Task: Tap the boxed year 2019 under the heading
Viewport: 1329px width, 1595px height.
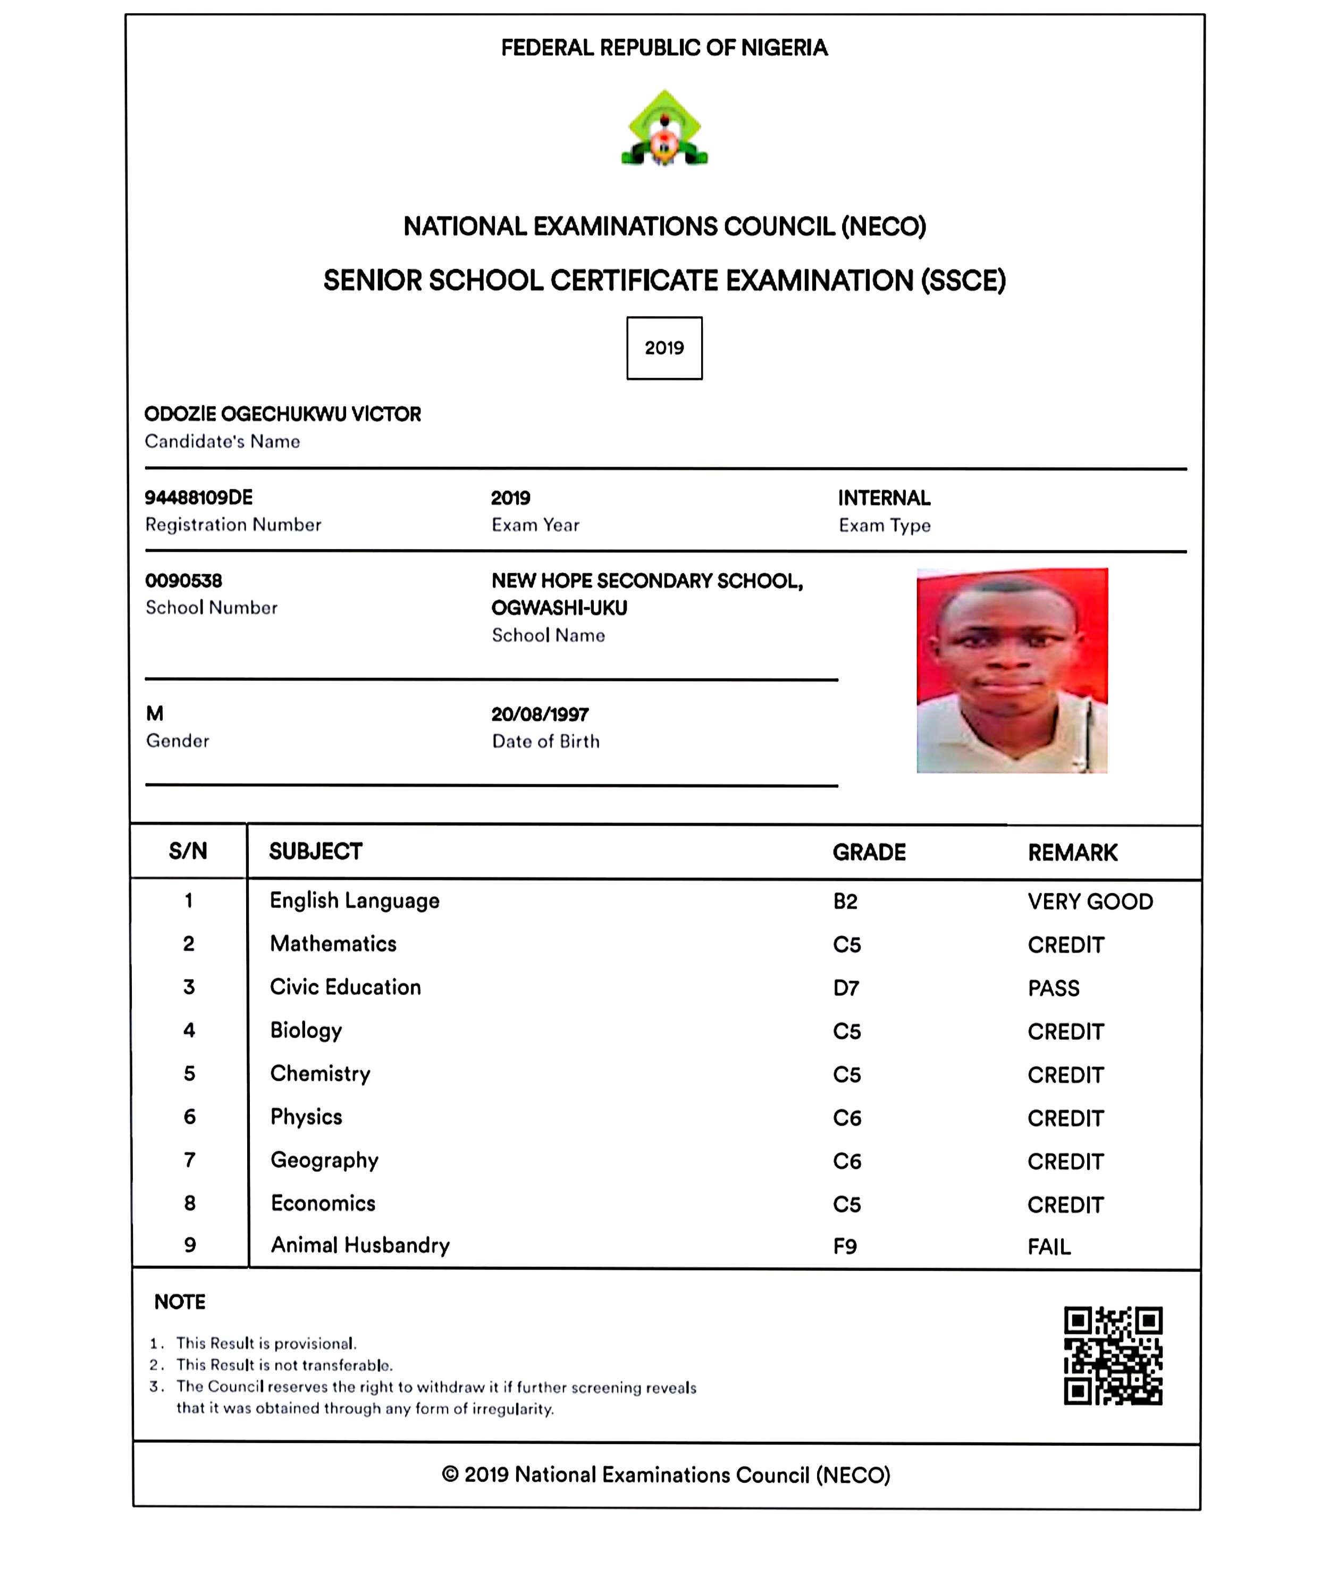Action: pos(664,348)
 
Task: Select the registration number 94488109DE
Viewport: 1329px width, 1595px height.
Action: pos(199,498)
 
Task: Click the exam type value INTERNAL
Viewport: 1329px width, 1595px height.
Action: pos(884,498)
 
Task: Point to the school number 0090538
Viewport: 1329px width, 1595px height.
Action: pos(184,581)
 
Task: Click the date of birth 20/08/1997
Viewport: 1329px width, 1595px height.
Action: pos(540,714)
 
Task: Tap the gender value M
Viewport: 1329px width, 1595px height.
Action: pos(155,713)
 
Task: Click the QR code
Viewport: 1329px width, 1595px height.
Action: pos(1113,1356)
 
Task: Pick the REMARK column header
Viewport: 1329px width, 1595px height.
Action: pos(1072,853)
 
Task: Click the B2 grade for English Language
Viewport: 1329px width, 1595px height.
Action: pos(845,902)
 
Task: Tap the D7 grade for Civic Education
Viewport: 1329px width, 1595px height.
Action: pos(846,988)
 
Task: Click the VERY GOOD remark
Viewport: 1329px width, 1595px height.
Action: pos(1090,902)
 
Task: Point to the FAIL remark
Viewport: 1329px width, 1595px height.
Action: pos(1049,1247)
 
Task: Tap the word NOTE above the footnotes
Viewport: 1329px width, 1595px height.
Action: pos(180,1302)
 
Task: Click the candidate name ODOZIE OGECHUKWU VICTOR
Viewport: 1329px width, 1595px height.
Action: pos(282,414)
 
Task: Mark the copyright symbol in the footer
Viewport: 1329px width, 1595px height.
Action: pos(450,1474)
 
